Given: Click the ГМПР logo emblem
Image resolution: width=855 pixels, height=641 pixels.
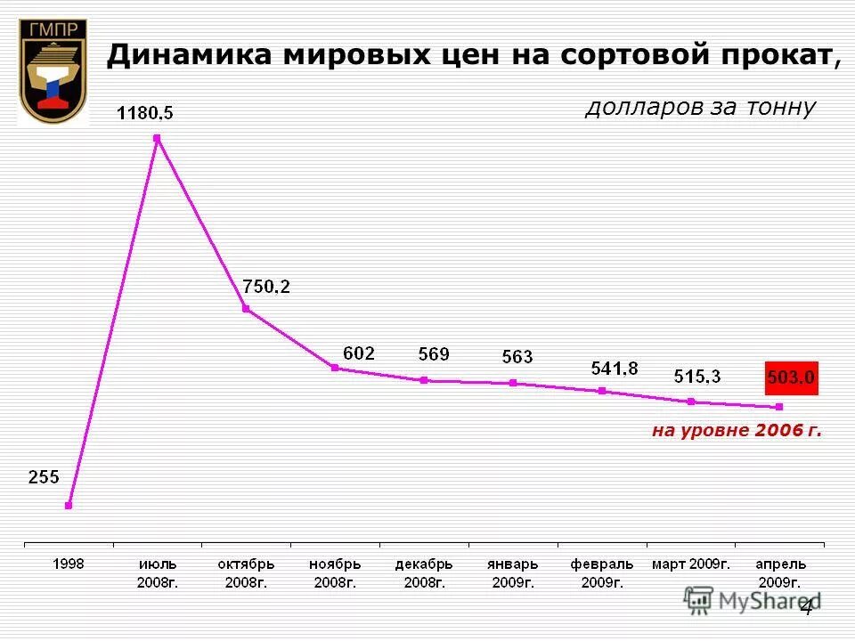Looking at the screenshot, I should pyautogui.click(x=53, y=71).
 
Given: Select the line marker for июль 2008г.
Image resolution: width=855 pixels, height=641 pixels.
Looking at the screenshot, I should pyautogui.click(x=157, y=138).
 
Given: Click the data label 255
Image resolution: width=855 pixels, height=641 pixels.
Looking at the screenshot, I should pyautogui.click(x=44, y=477).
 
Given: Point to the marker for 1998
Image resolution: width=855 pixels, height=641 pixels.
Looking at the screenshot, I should pyautogui.click(x=69, y=506).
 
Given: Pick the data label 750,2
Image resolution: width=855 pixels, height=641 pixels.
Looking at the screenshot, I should pyautogui.click(x=266, y=287).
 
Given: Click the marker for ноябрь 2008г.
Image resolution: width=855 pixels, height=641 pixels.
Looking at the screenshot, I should pyautogui.click(x=335, y=368).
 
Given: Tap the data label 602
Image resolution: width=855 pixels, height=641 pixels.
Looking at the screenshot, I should pyautogui.click(x=359, y=353).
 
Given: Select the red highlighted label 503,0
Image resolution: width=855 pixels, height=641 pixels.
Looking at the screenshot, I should pyautogui.click(x=791, y=377).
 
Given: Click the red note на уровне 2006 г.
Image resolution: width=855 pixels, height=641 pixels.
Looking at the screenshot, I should pyautogui.click(x=736, y=431).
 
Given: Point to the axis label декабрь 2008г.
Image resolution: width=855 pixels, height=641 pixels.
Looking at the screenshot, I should pyautogui.click(x=424, y=573).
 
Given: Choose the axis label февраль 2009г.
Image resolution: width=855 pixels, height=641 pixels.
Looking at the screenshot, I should pyautogui.click(x=602, y=573).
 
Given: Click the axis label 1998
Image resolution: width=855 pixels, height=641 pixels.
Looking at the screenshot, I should pyautogui.click(x=69, y=564).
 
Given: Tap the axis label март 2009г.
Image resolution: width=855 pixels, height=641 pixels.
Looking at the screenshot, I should pyautogui.click(x=691, y=564).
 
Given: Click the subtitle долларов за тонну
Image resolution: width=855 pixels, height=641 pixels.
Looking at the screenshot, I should pyautogui.click(x=700, y=108).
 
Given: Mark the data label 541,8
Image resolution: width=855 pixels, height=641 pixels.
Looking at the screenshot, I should pyautogui.click(x=615, y=368).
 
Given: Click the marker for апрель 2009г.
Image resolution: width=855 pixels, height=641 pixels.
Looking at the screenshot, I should pyautogui.click(x=780, y=407).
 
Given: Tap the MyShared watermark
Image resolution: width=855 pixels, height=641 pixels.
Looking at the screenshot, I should pyautogui.click(x=753, y=600).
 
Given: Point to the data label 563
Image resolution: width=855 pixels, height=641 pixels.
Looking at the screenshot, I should pyautogui.click(x=517, y=357).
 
